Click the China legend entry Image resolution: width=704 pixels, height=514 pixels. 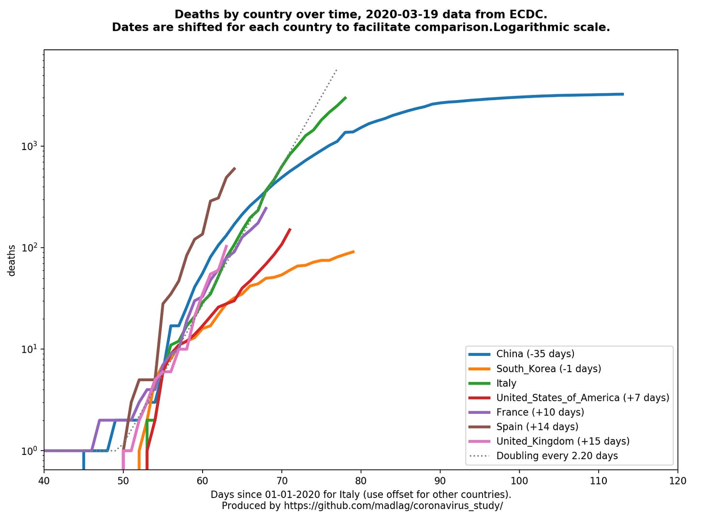coord(535,354)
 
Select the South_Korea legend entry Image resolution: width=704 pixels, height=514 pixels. coord(548,368)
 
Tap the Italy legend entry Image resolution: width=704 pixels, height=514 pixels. coord(506,383)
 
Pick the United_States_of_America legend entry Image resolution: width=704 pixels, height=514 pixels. coord(582,397)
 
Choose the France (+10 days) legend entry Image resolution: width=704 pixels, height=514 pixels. coord(540,412)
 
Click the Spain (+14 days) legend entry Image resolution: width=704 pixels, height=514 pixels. coord(537,426)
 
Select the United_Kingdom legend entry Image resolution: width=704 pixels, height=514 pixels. coord(562,441)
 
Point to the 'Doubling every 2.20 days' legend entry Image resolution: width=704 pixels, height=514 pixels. coord(557,455)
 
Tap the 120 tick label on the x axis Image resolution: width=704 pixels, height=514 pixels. coord(677,481)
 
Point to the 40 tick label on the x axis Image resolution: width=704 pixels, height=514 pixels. coord(44,481)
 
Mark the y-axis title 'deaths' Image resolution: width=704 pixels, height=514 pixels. coord(12,260)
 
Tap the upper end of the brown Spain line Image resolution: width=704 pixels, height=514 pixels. coord(235,168)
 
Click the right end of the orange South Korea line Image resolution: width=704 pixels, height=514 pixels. coord(354,251)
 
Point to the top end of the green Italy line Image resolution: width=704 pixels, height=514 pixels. coord(346,97)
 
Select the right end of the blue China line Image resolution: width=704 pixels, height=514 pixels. coord(623,94)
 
